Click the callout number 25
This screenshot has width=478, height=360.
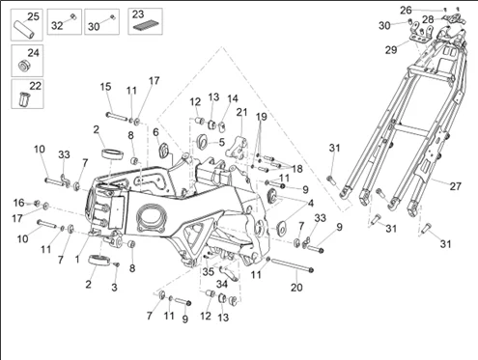[33, 16]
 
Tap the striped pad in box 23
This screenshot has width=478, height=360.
[145, 26]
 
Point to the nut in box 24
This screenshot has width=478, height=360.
[24, 66]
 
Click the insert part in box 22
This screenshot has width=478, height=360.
[24, 98]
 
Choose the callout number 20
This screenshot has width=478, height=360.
[296, 288]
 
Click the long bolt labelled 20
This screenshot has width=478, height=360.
[292, 265]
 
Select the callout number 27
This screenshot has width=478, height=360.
[455, 186]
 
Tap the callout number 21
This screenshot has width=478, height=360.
[241, 112]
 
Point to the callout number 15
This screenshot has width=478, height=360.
[105, 87]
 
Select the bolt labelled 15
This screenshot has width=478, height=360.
[118, 116]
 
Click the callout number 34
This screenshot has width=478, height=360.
[222, 284]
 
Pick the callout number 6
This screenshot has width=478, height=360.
[155, 132]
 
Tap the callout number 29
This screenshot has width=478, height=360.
[391, 50]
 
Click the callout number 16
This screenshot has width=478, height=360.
[18, 203]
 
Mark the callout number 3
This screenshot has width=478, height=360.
[114, 287]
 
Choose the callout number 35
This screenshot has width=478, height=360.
[209, 271]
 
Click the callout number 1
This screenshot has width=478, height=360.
[77, 259]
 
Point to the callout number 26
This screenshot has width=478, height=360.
[406, 11]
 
